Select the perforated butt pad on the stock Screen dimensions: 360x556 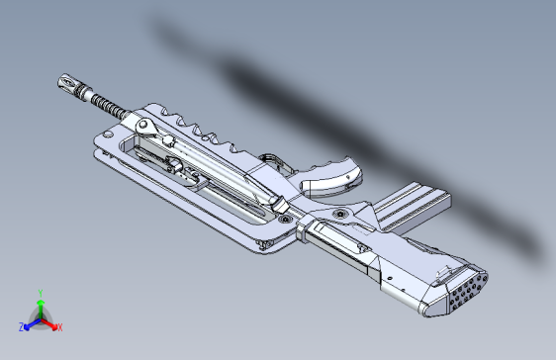[463, 289]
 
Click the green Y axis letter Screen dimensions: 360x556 [40, 292]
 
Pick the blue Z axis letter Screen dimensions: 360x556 [21, 326]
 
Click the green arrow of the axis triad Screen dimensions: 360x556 [40, 306]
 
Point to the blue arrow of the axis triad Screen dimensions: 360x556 [30, 322]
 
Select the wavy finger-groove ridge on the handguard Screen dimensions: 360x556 [208, 134]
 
